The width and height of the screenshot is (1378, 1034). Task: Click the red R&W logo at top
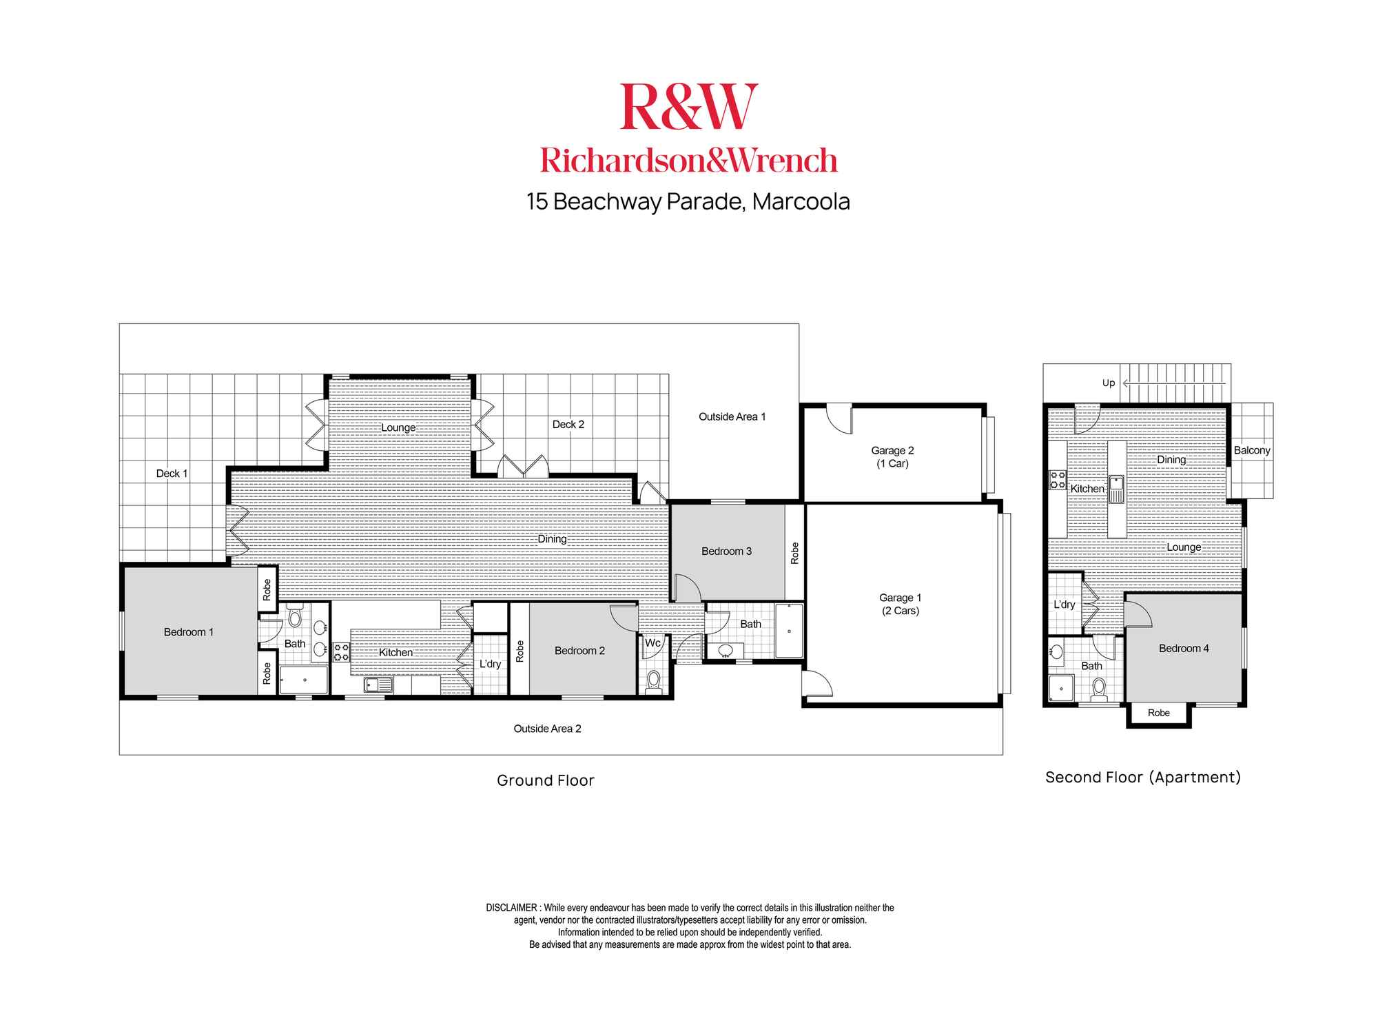click(689, 106)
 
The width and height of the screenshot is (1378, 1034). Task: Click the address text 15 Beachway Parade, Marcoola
click(688, 201)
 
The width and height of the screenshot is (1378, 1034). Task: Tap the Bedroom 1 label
click(189, 632)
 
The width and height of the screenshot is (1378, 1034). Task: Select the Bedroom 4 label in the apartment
click(1184, 648)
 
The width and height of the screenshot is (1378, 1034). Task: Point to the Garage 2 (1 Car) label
click(892, 457)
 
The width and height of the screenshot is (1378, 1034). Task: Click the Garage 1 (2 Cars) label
click(900, 604)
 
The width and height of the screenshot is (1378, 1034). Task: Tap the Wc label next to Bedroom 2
click(652, 642)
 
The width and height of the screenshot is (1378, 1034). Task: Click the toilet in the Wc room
click(653, 681)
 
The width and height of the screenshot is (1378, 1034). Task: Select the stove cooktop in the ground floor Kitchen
click(341, 652)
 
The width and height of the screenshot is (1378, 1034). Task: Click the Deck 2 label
click(568, 425)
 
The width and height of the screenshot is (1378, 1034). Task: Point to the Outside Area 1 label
click(732, 416)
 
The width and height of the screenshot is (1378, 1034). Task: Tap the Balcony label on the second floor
click(1252, 450)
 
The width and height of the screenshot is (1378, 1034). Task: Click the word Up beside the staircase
click(1108, 383)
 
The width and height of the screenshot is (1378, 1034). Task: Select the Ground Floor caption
click(546, 780)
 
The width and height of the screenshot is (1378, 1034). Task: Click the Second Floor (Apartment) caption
click(1143, 778)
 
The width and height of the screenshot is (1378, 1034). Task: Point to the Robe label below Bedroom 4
click(1159, 713)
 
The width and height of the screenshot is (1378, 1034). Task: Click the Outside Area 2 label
click(547, 729)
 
